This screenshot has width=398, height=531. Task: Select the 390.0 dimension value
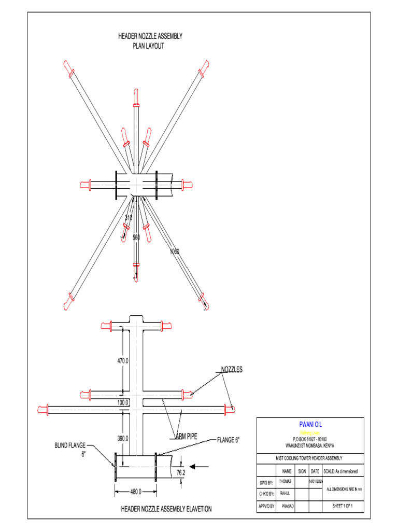[x=123, y=438]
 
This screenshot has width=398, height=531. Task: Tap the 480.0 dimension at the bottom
[x=136, y=492]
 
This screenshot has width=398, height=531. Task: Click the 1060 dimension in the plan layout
[x=174, y=251]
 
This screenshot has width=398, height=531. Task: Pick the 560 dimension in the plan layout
[x=136, y=237]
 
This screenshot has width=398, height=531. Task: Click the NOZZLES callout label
[x=232, y=370]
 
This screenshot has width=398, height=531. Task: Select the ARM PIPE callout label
[x=187, y=436]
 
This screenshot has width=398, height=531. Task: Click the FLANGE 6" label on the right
[x=228, y=440]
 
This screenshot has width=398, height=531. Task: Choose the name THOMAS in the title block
[x=286, y=482]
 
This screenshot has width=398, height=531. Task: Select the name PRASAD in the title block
[x=288, y=505]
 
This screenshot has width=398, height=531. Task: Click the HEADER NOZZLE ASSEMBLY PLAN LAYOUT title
[x=150, y=41]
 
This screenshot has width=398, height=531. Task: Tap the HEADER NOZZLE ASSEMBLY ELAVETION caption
[x=166, y=509]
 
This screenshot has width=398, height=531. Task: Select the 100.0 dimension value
[x=123, y=402]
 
